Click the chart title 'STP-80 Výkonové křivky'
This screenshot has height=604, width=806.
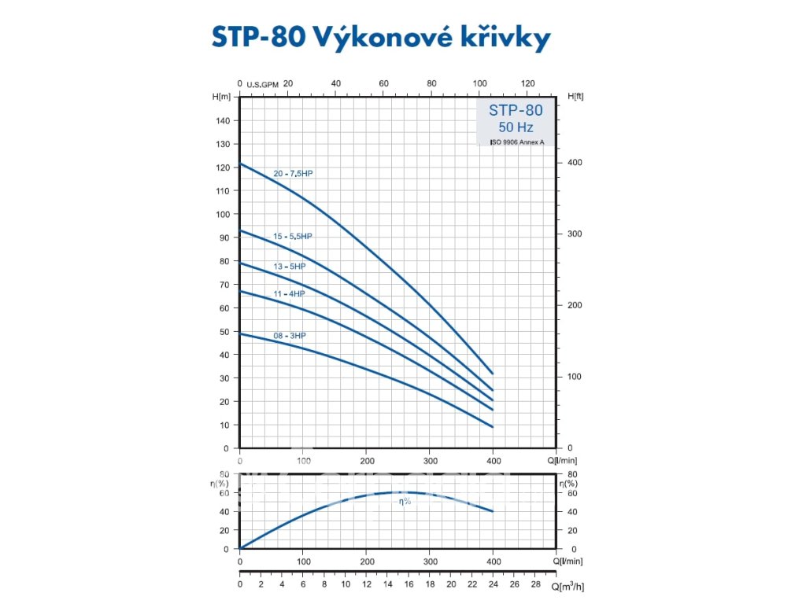point(381,38)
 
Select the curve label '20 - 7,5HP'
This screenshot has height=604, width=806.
point(293,173)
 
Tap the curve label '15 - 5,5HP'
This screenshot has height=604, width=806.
point(293,236)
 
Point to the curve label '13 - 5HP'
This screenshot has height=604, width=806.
point(289,267)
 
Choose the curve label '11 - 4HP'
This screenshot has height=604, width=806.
point(289,293)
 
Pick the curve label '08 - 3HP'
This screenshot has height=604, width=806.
point(289,336)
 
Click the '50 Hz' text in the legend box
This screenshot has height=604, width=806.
point(516,127)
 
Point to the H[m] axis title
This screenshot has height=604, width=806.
point(221,96)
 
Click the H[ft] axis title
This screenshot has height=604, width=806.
point(575,96)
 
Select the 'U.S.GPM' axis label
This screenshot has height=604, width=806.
point(263,84)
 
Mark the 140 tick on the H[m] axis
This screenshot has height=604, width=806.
point(224,120)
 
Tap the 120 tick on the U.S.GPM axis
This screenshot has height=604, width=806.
point(528,83)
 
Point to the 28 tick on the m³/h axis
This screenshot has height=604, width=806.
point(535,586)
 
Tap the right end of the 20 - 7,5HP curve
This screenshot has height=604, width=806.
point(493,374)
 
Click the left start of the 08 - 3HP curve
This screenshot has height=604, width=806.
point(240,333)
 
